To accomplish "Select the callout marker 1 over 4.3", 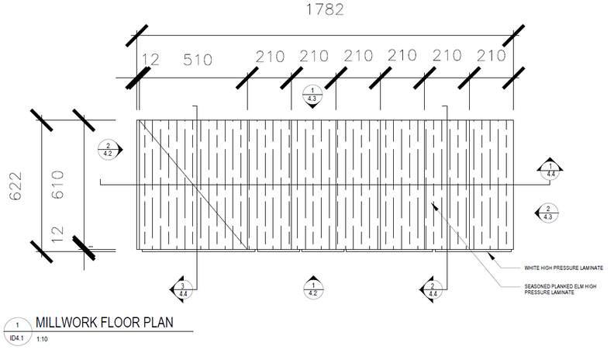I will [x=311, y=95].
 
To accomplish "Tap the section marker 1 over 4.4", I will [x=550, y=171].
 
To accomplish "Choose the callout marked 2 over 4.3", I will [x=547, y=213].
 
